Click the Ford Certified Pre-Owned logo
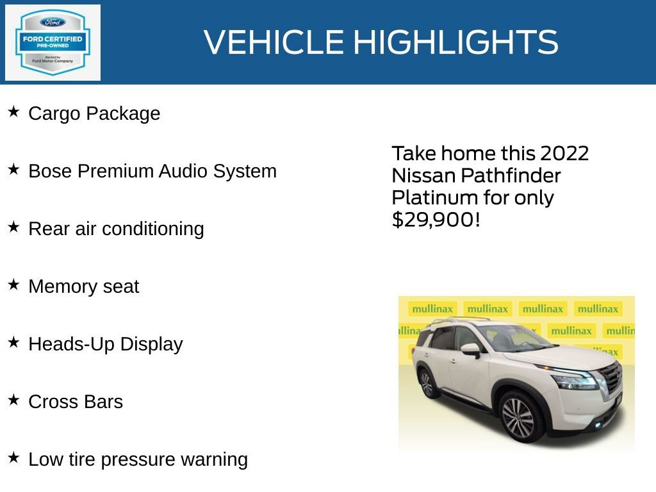coord(53,42)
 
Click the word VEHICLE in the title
coord(274,42)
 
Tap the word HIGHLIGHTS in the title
coord(455,42)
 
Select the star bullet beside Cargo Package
coord(13,112)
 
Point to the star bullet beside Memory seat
coord(13,285)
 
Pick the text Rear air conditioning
coord(116,229)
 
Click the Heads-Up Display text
coord(106,344)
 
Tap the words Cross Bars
coord(76,402)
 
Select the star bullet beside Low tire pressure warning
coord(13,458)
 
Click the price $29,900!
coord(436,220)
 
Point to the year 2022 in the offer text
coord(564,154)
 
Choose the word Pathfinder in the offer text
coord(511,176)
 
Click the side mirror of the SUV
coord(470,350)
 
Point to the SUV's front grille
coord(611,378)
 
